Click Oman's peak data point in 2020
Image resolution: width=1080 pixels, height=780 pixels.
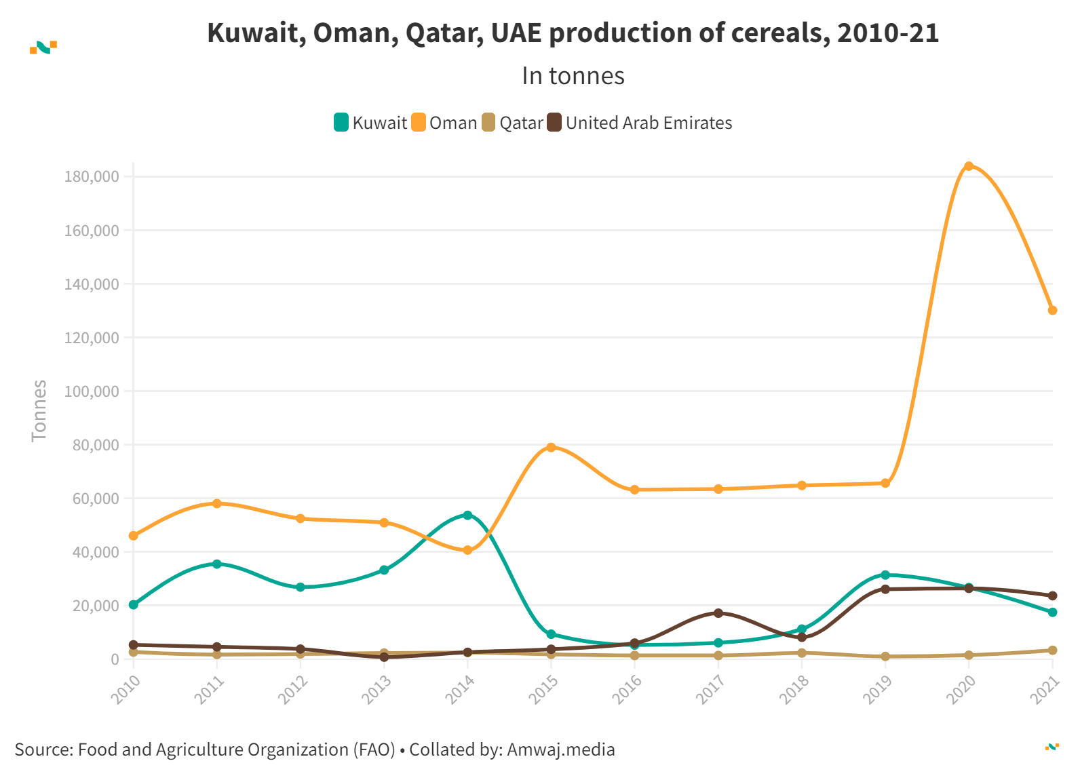tap(969, 166)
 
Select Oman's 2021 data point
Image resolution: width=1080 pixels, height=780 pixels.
tap(1052, 311)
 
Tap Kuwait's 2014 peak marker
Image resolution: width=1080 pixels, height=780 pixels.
tap(467, 515)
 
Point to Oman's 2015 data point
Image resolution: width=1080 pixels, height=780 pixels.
tap(551, 448)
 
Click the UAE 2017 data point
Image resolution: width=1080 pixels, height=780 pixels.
tap(718, 613)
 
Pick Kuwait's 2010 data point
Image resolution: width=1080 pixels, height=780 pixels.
tap(134, 604)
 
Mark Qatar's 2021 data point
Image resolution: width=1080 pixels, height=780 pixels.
tap(1052, 650)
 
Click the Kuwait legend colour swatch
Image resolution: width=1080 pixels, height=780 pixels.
tap(341, 123)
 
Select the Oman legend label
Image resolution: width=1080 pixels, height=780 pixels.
tap(453, 123)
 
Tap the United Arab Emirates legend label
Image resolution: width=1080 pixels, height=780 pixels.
tap(649, 123)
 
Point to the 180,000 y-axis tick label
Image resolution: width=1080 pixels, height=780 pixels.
tap(92, 177)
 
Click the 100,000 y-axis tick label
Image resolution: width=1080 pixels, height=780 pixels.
tap(92, 391)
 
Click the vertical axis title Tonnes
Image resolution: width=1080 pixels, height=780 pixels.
tap(39, 410)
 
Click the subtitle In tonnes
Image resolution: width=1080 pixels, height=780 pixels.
tap(573, 76)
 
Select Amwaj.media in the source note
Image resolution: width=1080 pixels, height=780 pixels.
tap(561, 749)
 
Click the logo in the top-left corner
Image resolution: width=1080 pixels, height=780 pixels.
tap(43, 47)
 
